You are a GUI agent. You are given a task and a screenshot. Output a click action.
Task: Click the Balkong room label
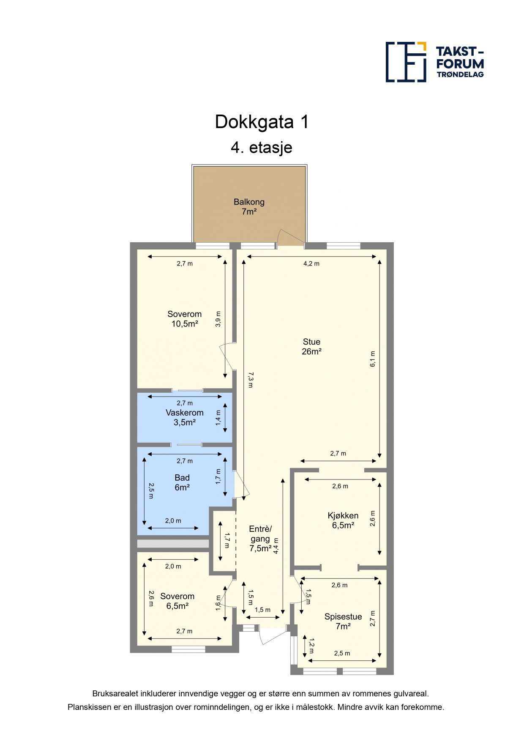click(249, 207)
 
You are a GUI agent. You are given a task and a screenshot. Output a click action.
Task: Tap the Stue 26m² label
click(311, 347)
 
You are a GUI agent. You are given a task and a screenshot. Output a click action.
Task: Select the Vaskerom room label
click(185, 417)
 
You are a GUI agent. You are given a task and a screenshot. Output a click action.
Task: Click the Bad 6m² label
click(182, 482)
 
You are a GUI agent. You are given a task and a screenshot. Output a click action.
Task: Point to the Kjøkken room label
click(343, 520)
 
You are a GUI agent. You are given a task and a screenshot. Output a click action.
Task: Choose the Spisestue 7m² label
click(343, 622)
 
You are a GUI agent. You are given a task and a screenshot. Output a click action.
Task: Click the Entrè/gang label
click(260, 539)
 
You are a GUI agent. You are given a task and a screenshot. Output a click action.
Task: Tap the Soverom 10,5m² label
click(185, 319)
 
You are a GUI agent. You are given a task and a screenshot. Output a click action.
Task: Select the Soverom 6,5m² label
click(177, 601)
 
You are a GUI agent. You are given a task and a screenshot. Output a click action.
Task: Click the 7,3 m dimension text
click(251, 380)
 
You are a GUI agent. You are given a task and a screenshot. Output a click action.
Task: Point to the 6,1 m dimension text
click(373, 359)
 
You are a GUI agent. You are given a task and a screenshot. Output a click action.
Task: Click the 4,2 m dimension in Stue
click(311, 263)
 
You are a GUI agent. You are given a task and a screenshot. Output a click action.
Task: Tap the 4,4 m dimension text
click(276, 546)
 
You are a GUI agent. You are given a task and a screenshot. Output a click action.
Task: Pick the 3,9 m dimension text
click(218, 319)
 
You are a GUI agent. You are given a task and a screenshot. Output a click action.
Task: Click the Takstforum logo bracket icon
click(406, 62)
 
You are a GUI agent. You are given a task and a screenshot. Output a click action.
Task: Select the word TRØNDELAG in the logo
click(460, 74)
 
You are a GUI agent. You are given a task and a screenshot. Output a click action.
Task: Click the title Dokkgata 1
click(262, 122)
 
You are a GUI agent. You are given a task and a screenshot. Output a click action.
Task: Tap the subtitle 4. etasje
click(262, 148)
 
